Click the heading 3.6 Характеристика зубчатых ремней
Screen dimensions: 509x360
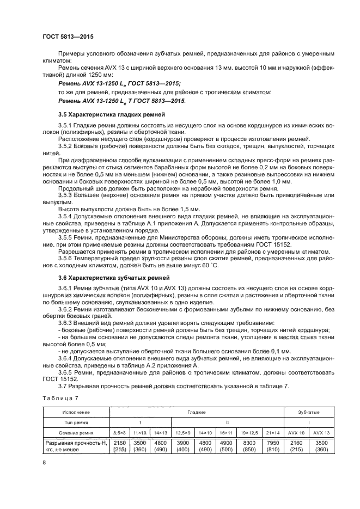click(106, 278)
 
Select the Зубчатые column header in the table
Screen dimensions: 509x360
click(309, 412)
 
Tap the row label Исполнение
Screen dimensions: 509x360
click(76, 412)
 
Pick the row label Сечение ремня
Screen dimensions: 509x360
click(76, 432)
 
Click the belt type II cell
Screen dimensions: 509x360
click(227, 422)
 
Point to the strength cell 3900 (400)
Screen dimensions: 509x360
click(184, 446)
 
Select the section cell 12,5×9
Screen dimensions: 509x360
click(184, 432)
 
